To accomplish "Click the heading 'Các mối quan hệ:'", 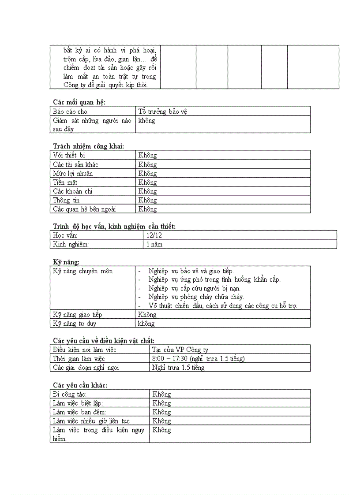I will [x=79, y=102].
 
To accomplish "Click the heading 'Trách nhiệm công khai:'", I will [x=88, y=146].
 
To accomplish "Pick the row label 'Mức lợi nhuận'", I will [x=73, y=173].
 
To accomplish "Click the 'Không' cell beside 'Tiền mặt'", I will [x=147, y=182].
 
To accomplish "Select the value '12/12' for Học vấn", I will [x=154, y=235].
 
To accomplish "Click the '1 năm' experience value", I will [x=154, y=244].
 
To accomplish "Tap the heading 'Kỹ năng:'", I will [x=66, y=262].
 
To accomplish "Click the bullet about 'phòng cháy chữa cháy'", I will [x=196, y=297].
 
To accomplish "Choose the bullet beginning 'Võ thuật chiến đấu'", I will [x=222, y=306].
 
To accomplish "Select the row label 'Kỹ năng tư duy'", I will [x=75, y=324].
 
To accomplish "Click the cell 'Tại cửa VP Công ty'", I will [x=180, y=350].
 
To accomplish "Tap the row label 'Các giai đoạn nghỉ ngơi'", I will [x=86, y=368].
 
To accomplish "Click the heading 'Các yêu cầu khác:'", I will [x=80, y=385].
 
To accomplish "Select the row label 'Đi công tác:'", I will [x=70, y=395].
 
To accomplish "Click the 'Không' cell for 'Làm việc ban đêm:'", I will [x=161, y=412].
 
